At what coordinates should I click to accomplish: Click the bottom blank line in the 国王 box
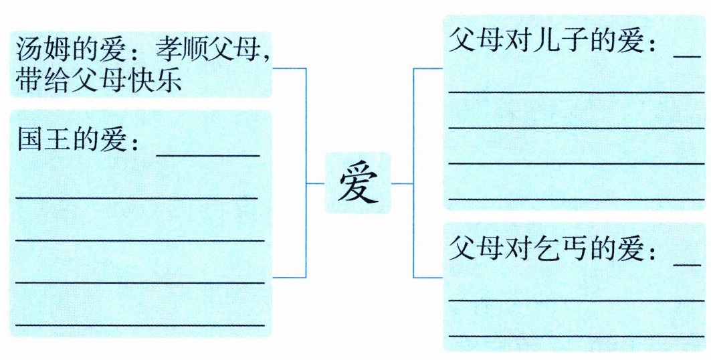point(140,325)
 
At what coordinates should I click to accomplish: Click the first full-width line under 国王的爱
point(137,197)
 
